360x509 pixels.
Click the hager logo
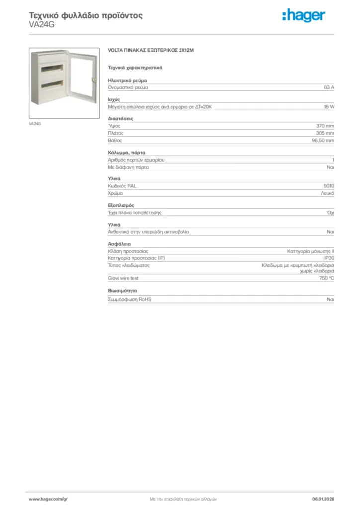pos(304,16)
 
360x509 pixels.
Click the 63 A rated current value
pos(329,87)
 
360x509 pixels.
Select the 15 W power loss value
pos(329,107)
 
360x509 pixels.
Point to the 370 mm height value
pos(325,126)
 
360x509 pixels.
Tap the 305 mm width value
pos(325,133)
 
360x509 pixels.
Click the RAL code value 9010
pos(329,186)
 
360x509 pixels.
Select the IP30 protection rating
pos(329,258)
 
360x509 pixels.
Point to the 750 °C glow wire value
pos(327,278)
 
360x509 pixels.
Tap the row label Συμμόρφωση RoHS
pos(130,300)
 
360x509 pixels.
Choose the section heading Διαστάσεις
pos(120,118)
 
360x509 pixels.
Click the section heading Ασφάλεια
pos(119,244)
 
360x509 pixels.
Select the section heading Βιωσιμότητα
pos(122,290)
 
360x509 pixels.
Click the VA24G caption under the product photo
pos(35,123)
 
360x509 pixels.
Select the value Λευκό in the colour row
pos(327,193)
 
